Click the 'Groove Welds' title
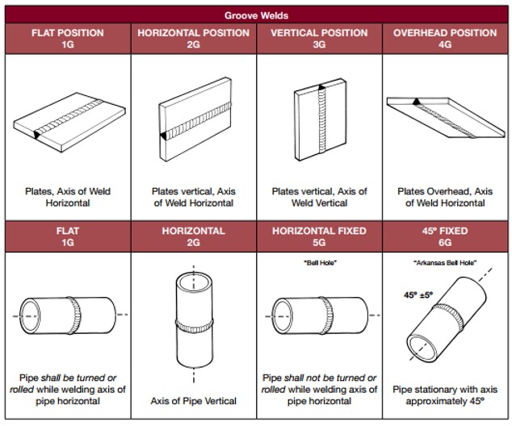click(256, 15)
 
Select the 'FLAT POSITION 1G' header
click(67, 39)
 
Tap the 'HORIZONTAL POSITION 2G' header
click(193, 39)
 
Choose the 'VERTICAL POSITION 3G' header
click(319, 39)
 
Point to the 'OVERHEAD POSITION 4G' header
click(445, 39)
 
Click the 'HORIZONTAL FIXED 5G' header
click(319, 236)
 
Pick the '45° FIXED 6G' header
click(445, 236)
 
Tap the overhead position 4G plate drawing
click(446, 117)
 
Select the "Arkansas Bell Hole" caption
click(445, 263)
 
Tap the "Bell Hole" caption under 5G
click(319, 263)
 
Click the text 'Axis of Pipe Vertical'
click(194, 401)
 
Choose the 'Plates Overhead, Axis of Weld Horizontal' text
click(445, 197)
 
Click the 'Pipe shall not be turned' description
click(319, 390)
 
